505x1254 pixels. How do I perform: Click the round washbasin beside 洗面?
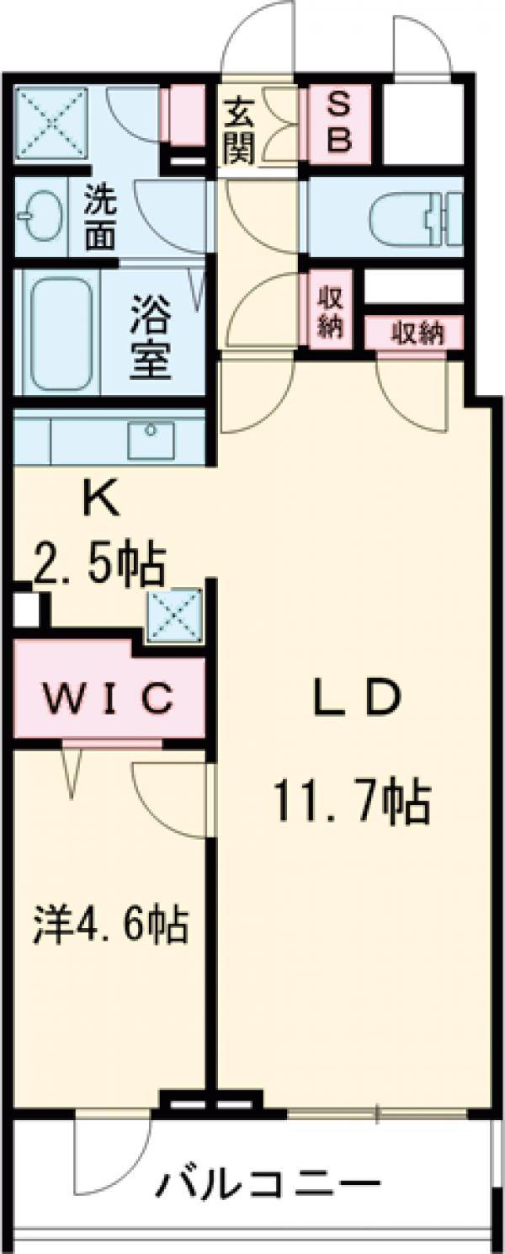point(35,215)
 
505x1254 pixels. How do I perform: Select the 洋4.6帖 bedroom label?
point(109,924)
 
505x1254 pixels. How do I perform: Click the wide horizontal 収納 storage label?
point(416,334)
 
